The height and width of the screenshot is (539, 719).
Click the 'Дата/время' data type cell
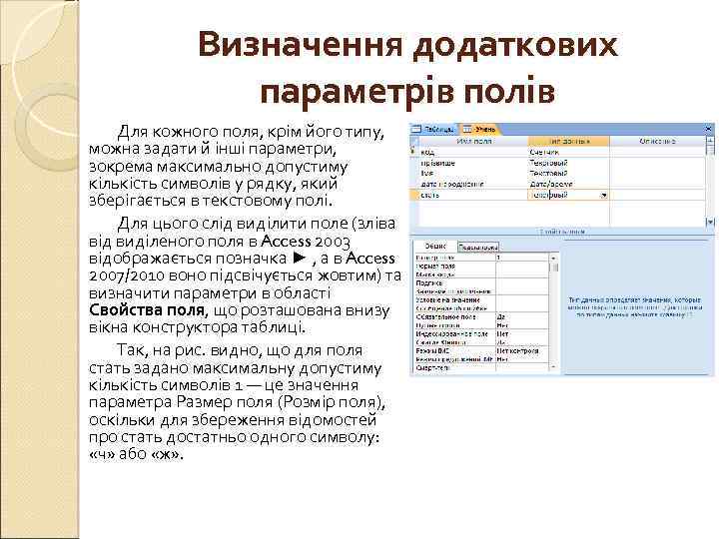pyautogui.click(x=550, y=184)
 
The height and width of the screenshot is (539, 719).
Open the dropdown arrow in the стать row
pyautogui.click(x=603, y=195)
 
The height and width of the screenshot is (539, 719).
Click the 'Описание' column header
pyautogui.click(x=658, y=141)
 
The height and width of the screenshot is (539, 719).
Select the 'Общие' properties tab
pyautogui.click(x=434, y=246)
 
